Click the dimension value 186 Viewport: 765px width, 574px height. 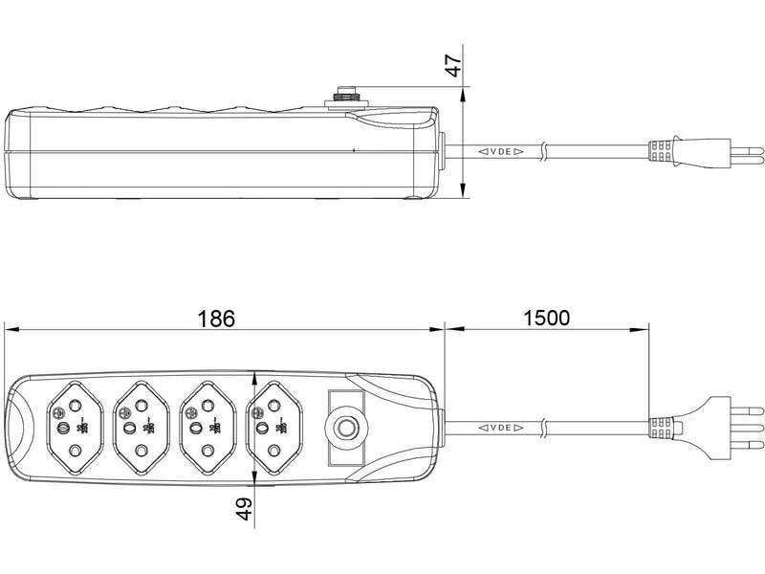coord(216,319)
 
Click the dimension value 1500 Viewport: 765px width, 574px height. coord(547,319)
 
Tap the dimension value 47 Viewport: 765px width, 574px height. coord(454,65)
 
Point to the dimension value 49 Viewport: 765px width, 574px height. coord(245,509)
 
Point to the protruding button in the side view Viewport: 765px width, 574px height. coord(343,96)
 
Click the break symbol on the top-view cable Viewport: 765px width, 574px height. coord(543,426)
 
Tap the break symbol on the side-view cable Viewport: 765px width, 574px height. coord(543,151)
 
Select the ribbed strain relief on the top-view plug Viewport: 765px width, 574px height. coord(662,426)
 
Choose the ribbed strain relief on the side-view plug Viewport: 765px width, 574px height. coord(662,151)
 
